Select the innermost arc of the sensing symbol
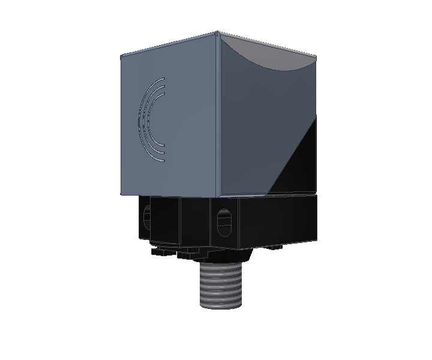pos(154,120)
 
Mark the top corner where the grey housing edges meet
pos(216,32)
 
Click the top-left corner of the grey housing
pos(121,55)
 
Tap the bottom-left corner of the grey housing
pos(121,194)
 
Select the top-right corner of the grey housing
pos(316,56)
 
